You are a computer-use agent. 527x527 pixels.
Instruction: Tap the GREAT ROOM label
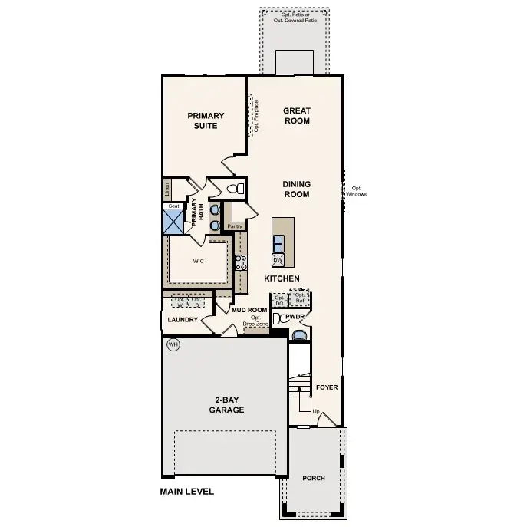coord(297,116)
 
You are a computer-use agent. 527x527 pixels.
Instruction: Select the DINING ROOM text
coord(296,189)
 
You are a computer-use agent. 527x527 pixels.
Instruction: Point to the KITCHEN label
coord(282,278)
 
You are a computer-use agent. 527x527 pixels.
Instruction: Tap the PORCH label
coord(313,478)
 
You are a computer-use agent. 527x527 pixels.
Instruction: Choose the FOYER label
coord(327,387)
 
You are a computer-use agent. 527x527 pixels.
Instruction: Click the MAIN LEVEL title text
coord(186,492)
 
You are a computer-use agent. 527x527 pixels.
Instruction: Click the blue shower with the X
coord(173,222)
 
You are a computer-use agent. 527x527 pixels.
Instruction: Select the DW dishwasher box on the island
coord(278,260)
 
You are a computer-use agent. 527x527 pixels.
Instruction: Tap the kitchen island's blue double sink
coord(278,243)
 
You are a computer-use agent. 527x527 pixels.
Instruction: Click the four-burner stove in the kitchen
coord(241,263)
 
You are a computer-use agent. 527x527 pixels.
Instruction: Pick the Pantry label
coord(235,226)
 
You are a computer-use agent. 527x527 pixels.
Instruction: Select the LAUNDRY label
coord(183,320)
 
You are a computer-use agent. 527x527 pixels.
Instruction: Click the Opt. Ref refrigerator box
coord(301,298)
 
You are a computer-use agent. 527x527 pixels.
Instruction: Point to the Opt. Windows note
coord(357,192)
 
